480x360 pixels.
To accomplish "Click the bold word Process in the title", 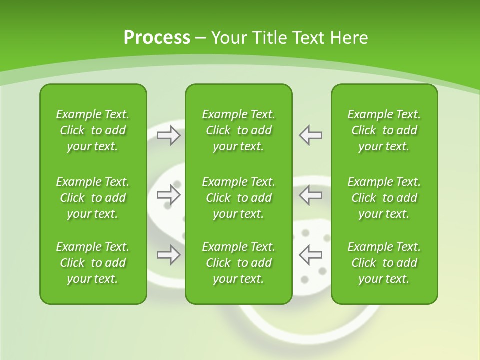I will (x=157, y=38).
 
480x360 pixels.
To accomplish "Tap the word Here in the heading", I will (x=348, y=38).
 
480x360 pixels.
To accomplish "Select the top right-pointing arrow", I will (x=169, y=135).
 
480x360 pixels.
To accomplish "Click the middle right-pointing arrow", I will (x=169, y=195).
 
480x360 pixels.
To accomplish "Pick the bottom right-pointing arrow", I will (x=169, y=255).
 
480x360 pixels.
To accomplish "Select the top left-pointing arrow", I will (x=310, y=135).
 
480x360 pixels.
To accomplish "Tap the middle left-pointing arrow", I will (x=310, y=195).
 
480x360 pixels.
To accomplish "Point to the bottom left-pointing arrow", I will (x=310, y=255).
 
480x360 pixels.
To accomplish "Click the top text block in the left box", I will (x=93, y=130).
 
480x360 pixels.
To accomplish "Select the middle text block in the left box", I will (x=93, y=198).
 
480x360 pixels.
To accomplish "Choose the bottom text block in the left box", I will (x=93, y=263).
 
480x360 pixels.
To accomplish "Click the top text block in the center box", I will (x=238, y=130).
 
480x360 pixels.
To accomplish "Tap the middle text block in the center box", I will (x=238, y=198).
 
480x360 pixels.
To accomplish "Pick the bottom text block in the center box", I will (x=238, y=263).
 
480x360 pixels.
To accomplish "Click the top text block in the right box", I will (x=384, y=130).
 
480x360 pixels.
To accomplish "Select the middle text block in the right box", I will (x=384, y=198).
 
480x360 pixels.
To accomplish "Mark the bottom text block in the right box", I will (x=384, y=263).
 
